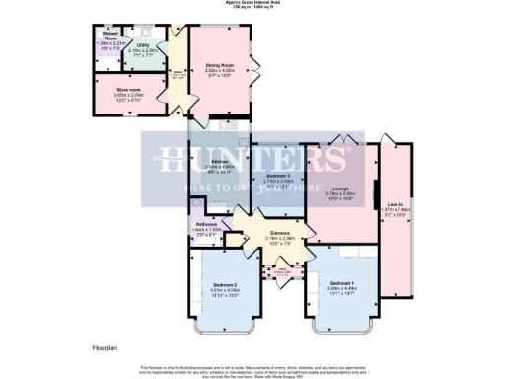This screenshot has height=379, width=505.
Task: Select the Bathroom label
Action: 206,224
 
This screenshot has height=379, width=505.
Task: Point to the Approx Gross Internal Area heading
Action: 253,3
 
